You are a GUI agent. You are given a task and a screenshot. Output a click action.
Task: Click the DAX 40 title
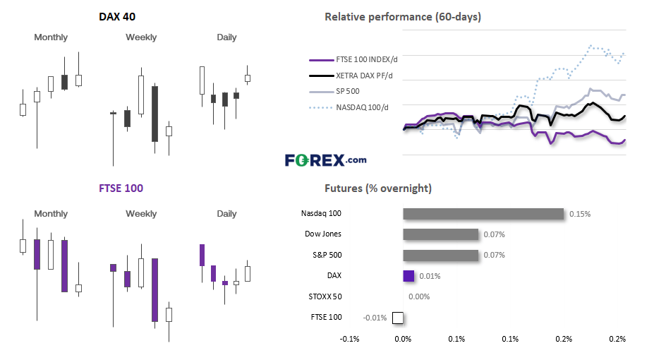117,17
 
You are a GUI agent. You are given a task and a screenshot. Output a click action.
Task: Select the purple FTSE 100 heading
121,188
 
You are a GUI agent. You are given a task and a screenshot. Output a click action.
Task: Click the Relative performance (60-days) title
403,17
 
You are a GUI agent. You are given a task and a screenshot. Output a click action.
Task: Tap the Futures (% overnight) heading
378,188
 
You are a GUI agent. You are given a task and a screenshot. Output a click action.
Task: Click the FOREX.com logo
326,160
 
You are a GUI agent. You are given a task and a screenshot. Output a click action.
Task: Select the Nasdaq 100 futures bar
483,214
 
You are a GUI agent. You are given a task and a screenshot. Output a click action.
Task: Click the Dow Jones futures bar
440,234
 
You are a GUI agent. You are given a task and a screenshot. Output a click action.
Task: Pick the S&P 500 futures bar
440,256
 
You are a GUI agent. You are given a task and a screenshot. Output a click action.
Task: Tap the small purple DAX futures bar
408,276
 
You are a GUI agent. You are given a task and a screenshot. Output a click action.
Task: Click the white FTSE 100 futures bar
398,318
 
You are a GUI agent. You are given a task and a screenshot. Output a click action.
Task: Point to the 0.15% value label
580,214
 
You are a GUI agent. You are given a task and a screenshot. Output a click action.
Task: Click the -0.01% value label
375,318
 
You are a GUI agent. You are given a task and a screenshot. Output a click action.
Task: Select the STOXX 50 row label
325,296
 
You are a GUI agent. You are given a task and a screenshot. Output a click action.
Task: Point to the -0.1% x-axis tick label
349,339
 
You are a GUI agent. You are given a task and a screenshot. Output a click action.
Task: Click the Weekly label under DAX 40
141,37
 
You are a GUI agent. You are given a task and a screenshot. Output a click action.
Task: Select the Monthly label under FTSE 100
51,214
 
